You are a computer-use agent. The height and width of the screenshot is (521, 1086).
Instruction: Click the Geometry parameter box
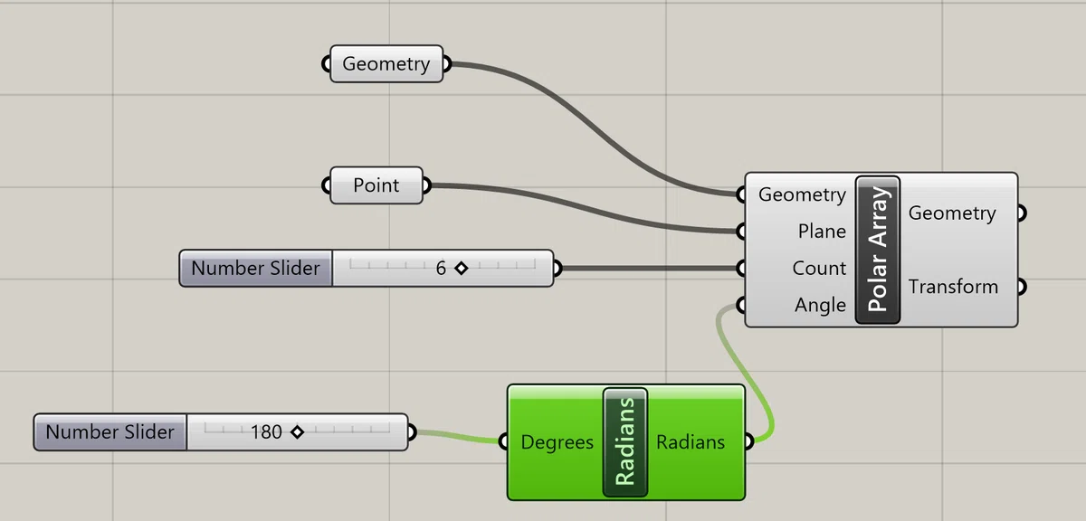(x=386, y=64)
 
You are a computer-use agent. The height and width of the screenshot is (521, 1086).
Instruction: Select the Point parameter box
(x=376, y=185)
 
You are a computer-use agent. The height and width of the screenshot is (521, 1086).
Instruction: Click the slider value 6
(x=441, y=268)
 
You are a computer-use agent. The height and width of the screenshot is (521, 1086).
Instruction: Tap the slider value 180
(x=266, y=431)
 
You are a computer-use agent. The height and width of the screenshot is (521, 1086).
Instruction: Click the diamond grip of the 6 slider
(x=461, y=268)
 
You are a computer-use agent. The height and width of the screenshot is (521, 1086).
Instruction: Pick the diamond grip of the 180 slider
(x=297, y=431)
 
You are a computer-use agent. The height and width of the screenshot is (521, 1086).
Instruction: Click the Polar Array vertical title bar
(x=878, y=250)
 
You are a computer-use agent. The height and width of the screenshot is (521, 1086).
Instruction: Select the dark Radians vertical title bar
(x=625, y=442)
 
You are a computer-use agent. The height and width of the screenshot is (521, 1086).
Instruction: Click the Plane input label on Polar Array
(x=822, y=232)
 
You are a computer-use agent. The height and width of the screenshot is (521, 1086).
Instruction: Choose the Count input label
(x=819, y=268)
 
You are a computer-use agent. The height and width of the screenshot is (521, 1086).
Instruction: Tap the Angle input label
(x=820, y=306)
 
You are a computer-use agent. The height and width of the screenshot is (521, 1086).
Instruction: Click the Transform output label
(x=953, y=287)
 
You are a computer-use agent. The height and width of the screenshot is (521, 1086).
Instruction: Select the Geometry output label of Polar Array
(x=952, y=213)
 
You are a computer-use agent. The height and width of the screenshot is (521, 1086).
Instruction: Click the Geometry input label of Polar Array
(x=803, y=194)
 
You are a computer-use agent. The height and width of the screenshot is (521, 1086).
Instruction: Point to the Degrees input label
(x=557, y=442)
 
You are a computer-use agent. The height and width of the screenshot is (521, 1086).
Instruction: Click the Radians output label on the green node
(x=691, y=442)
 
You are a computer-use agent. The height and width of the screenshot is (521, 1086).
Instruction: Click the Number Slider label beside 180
(x=110, y=431)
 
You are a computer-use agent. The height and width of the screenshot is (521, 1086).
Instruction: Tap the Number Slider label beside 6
(x=255, y=268)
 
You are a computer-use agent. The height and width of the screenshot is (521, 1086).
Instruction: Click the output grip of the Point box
(x=426, y=185)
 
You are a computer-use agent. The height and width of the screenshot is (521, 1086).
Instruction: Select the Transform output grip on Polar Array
(x=1022, y=287)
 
